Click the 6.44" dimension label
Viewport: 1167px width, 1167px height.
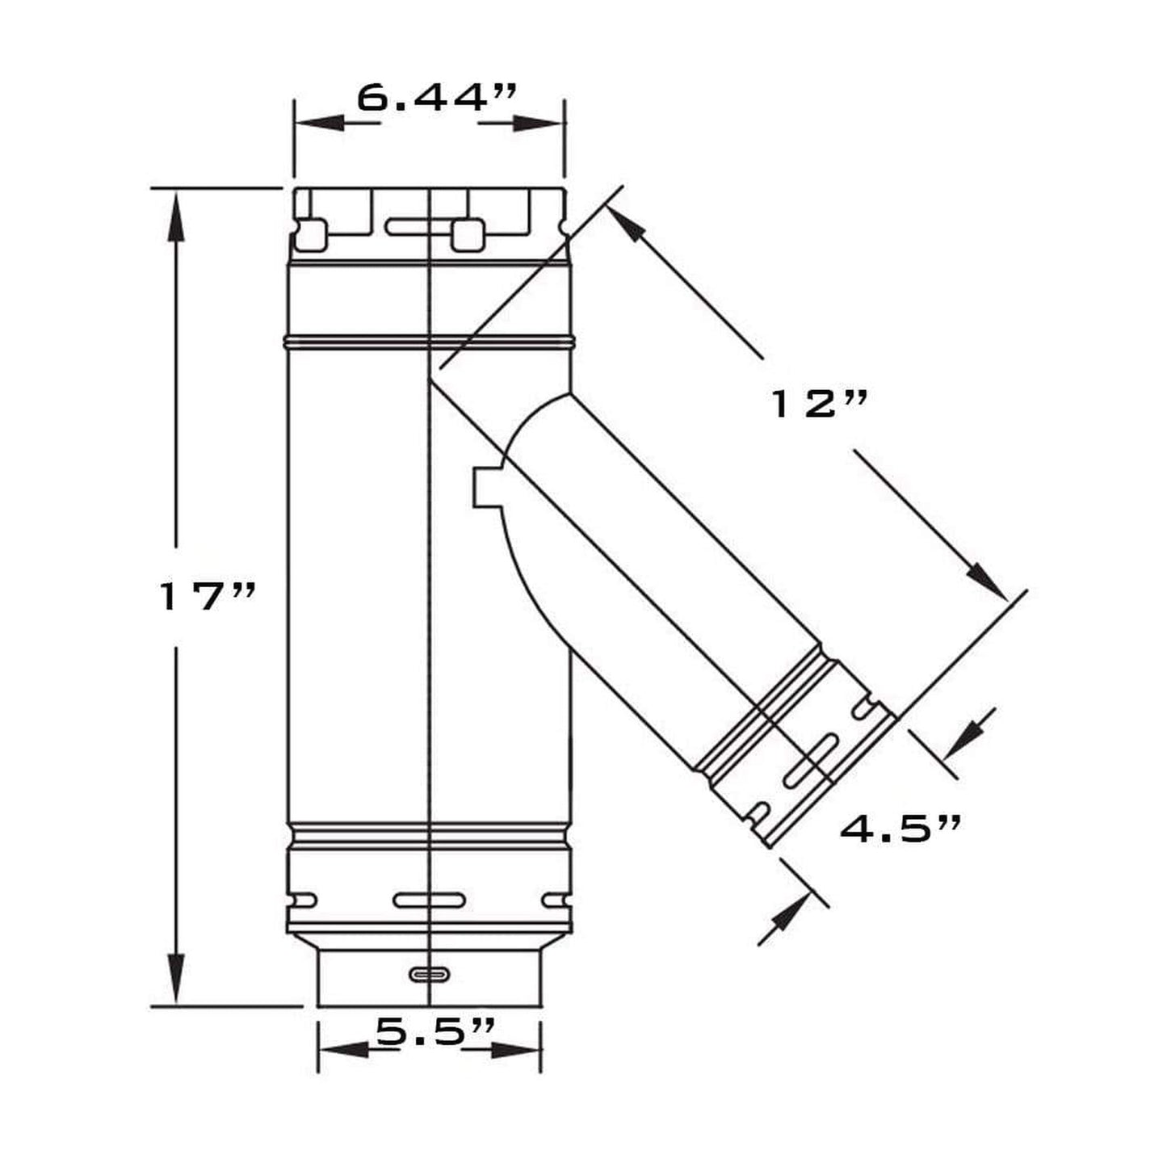pyautogui.click(x=435, y=98)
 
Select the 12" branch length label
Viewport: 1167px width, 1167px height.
pyautogui.click(x=819, y=403)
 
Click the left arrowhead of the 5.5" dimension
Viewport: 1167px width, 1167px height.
pyautogui.click(x=343, y=1050)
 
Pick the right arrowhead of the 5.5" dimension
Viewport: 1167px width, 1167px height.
pyautogui.click(x=517, y=1050)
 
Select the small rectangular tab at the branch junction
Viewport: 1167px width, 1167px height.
pyautogui.click(x=485, y=487)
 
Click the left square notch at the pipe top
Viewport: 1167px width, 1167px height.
pyautogui.click(x=312, y=233)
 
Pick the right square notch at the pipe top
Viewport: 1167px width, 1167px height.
pyautogui.click(x=468, y=234)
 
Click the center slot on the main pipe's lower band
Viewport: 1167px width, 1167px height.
pyautogui.click(x=430, y=899)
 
